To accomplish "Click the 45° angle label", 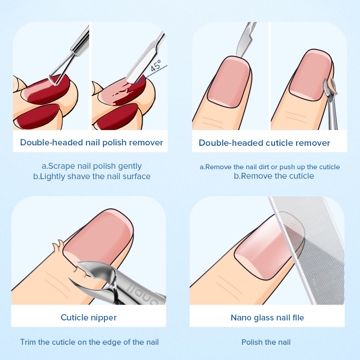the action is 156,66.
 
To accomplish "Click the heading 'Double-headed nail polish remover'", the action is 91,142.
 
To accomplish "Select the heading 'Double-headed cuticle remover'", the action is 264,143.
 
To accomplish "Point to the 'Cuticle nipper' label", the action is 89,318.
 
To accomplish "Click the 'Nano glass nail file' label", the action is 267,318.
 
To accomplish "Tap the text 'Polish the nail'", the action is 266,342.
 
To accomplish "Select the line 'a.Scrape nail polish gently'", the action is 92,166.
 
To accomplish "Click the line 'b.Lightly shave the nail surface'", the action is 92,176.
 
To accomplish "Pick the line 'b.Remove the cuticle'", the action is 274,176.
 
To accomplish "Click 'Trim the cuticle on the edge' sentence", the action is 89,342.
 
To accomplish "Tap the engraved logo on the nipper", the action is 143,294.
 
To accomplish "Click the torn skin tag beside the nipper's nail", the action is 58,246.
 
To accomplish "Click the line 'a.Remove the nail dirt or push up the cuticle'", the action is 270,167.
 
